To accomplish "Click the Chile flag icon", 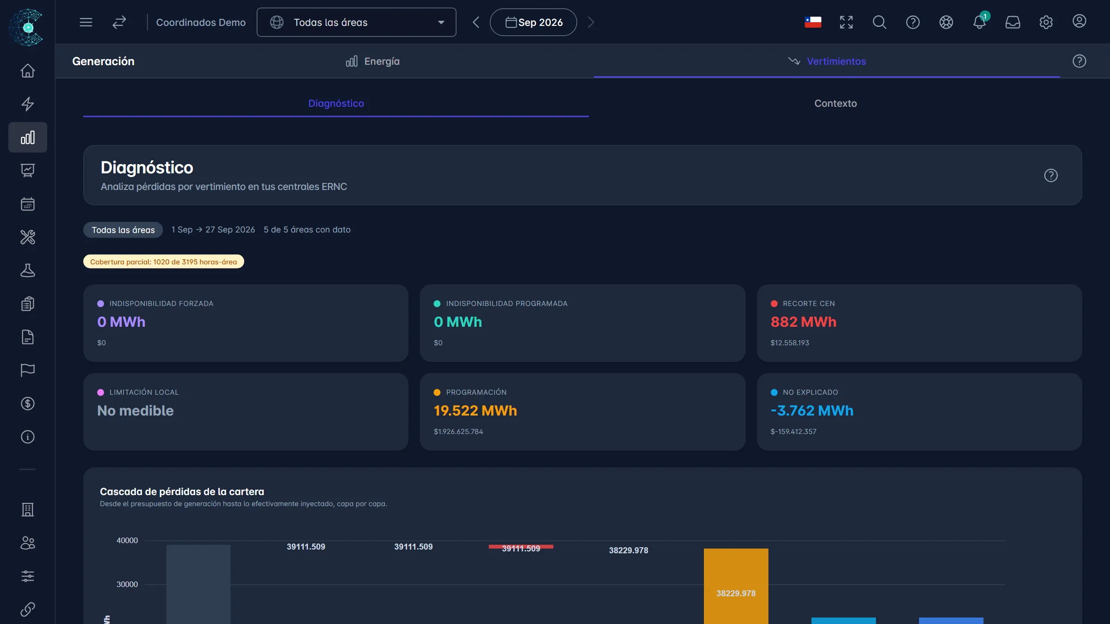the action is pyautogui.click(x=813, y=22).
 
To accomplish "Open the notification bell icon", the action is pyautogui.click(x=979, y=22).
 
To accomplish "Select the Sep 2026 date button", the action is pyautogui.click(x=533, y=22).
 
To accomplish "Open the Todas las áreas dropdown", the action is pyautogui.click(x=356, y=22).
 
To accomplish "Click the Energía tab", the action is pyautogui.click(x=373, y=61).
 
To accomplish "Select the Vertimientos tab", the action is pyautogui.click(x=827, y=61).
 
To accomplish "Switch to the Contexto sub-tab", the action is pyautogui.click(x=835, y=104).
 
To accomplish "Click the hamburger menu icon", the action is pyautogui.click(x=86, y=22).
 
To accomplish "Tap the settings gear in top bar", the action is pyautogui.click(x=1046, y=22).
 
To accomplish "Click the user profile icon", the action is pyautogui.click(x=1079, y=21).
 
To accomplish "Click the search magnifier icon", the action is pyautogui.click(x=879, y=22).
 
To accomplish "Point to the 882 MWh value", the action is pyautogui.click(x=803, y=322).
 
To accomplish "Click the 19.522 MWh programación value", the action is pyautogui.click(x=475, y=410).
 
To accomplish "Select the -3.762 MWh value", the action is pyautogui.click(x=812, y=410).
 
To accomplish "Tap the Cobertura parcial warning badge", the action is pyautogui.click(x=163, y=262).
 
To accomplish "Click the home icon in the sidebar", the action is pyautogui.click(x=28, y=71).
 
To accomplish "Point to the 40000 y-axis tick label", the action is pyautogui.click(x=127, y=540).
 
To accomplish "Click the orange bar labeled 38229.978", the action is pyautogui.click(x=736, y=586).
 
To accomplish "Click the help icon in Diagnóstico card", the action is pyautogui.click(x=1051, y=176).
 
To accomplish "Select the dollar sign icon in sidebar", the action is pyautogui.click(x=28, y=404).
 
